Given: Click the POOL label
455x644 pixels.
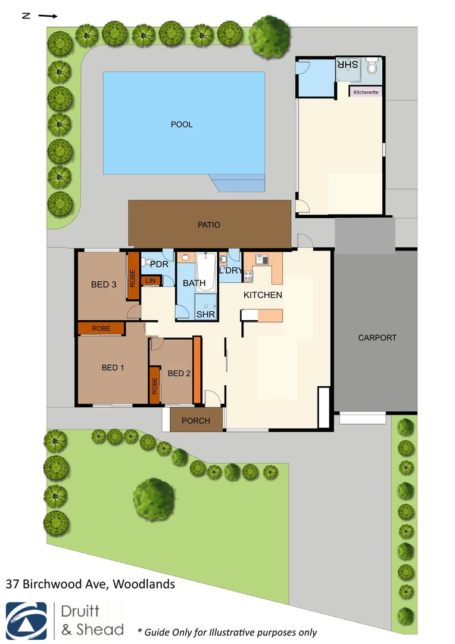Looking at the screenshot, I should (x=182, y=125).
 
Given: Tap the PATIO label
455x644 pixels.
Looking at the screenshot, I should (x=209, y=225).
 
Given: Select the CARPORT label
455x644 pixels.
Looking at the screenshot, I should (x=377, y=338).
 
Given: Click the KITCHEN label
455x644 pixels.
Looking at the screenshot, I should (x=263, y=295).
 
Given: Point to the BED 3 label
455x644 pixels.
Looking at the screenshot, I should (x=104, y=284).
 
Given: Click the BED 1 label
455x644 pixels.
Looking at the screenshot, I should (x=113, y=367).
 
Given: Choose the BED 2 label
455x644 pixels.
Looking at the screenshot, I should (x=179, y=374).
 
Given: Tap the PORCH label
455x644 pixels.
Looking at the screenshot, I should (x=196, y=421).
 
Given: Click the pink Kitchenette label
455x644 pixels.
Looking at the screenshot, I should (x=366, y=92).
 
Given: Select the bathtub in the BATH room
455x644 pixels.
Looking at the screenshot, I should (x=205, y=273).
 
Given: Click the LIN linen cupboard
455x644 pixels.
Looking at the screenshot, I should (x=150, y=280).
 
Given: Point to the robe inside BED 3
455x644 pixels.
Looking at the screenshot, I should (x=133, y=276).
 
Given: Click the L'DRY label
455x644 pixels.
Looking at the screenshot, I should (x=230, y=271).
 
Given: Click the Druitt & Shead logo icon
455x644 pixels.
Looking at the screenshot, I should (x=27, y=620).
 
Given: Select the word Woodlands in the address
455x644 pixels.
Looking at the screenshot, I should (x=145, y=584).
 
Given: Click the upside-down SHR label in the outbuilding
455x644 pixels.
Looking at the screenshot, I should (x=350, y=65).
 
